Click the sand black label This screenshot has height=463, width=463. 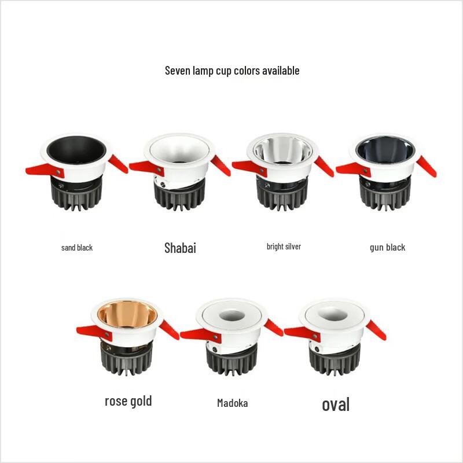tap(77, 248)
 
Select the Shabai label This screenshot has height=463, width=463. tap(180, 248)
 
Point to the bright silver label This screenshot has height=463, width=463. tap(284, 247)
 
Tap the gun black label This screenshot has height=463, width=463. tap(387, 248)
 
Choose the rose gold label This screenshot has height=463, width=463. tap(128, 400)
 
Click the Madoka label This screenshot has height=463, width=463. tap(232, 403)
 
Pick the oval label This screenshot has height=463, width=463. tap(336, 403)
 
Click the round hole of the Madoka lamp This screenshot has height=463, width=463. tap(233, 316)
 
